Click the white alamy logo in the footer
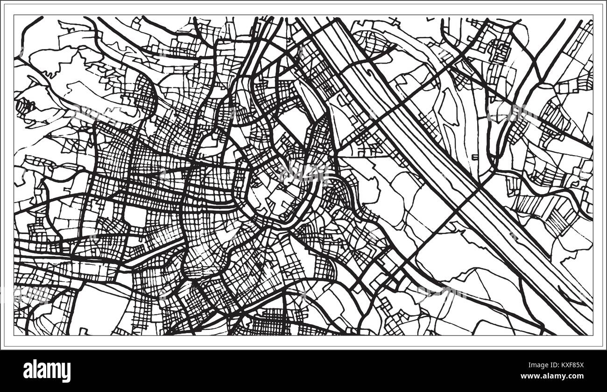point(47,371)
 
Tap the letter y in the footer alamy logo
point(66,372)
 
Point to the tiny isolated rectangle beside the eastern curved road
point(475,157)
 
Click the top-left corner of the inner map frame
point(14,15)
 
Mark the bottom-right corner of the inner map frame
point(593,335)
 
